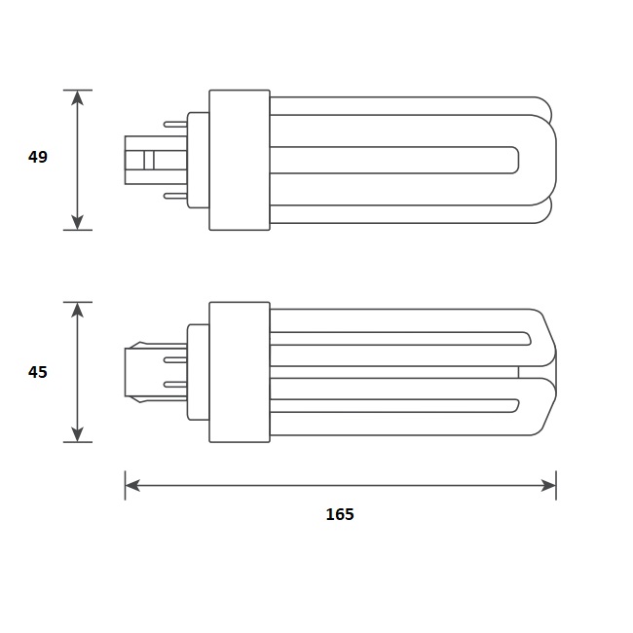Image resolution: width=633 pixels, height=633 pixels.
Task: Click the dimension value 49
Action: tap(38, 157)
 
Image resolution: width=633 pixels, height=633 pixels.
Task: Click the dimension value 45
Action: tap(38, 372)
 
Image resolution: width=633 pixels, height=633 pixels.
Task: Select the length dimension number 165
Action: tap(340, 514)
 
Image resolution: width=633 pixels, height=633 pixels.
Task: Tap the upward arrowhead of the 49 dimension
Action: tap(77, 97)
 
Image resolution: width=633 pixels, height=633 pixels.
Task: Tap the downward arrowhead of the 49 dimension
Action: tap(77, 222)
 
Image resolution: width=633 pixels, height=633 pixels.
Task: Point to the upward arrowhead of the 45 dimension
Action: tap(77, 310)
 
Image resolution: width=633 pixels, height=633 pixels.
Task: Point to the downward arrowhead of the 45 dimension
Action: tap(77, 434)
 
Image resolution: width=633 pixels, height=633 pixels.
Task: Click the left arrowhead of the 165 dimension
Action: tap(132, 485)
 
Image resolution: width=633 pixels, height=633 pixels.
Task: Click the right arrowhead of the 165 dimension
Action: tap(548, 485)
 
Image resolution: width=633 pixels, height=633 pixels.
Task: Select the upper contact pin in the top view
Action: tap(175, 124)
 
